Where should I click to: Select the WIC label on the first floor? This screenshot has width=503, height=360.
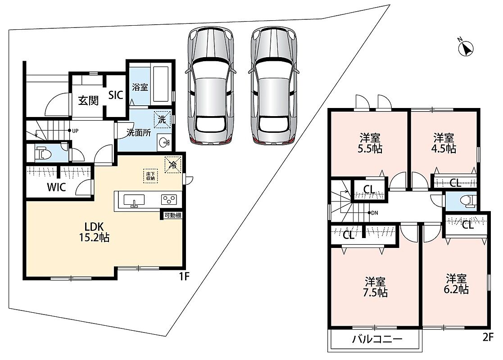[x=56, y=187]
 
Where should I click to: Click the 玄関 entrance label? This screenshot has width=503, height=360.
[x=88, y=101]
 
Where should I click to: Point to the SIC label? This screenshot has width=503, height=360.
[x=115, y=95]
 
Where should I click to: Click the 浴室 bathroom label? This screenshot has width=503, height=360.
[x=140, y=87]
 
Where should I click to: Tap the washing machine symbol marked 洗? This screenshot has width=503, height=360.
[x=162, y=120]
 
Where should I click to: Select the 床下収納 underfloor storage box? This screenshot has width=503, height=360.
[x=150, y=175]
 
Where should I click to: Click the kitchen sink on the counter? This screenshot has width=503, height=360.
[x=134, y=200]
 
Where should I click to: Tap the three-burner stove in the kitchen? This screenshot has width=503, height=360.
[x=169, y=200]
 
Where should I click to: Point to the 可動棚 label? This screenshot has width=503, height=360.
[x=173, y=216]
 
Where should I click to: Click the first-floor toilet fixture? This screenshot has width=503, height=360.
[x=43, y=153]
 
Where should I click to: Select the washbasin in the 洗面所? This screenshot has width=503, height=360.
[x=164, y=142]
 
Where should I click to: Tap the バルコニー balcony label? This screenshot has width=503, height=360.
[x=377, y=339]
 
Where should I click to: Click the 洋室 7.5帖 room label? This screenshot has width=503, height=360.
[x=375, y=287]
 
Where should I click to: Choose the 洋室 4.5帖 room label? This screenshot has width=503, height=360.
[x=444, y=143]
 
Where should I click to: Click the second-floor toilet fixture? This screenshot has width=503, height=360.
[x=468, y=201]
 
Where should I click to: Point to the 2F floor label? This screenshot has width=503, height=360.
[x=488, y=337]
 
